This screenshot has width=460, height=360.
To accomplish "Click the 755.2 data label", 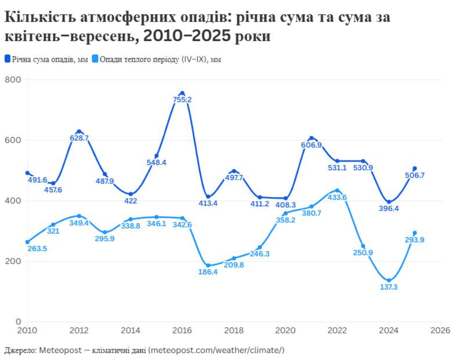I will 182,100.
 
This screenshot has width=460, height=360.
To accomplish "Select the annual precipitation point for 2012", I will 79,131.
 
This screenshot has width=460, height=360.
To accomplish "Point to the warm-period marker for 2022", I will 337,190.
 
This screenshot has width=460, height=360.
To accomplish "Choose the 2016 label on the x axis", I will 182,331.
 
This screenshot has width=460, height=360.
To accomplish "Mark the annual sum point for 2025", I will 415,169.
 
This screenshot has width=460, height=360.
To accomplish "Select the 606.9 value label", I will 312,145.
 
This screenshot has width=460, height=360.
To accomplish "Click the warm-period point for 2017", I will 208,265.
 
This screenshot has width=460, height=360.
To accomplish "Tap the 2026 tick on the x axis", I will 441,331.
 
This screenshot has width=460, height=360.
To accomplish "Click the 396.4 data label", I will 389,208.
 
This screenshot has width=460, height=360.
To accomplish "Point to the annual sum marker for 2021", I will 312,138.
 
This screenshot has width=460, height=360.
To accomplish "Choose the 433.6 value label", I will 337,198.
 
